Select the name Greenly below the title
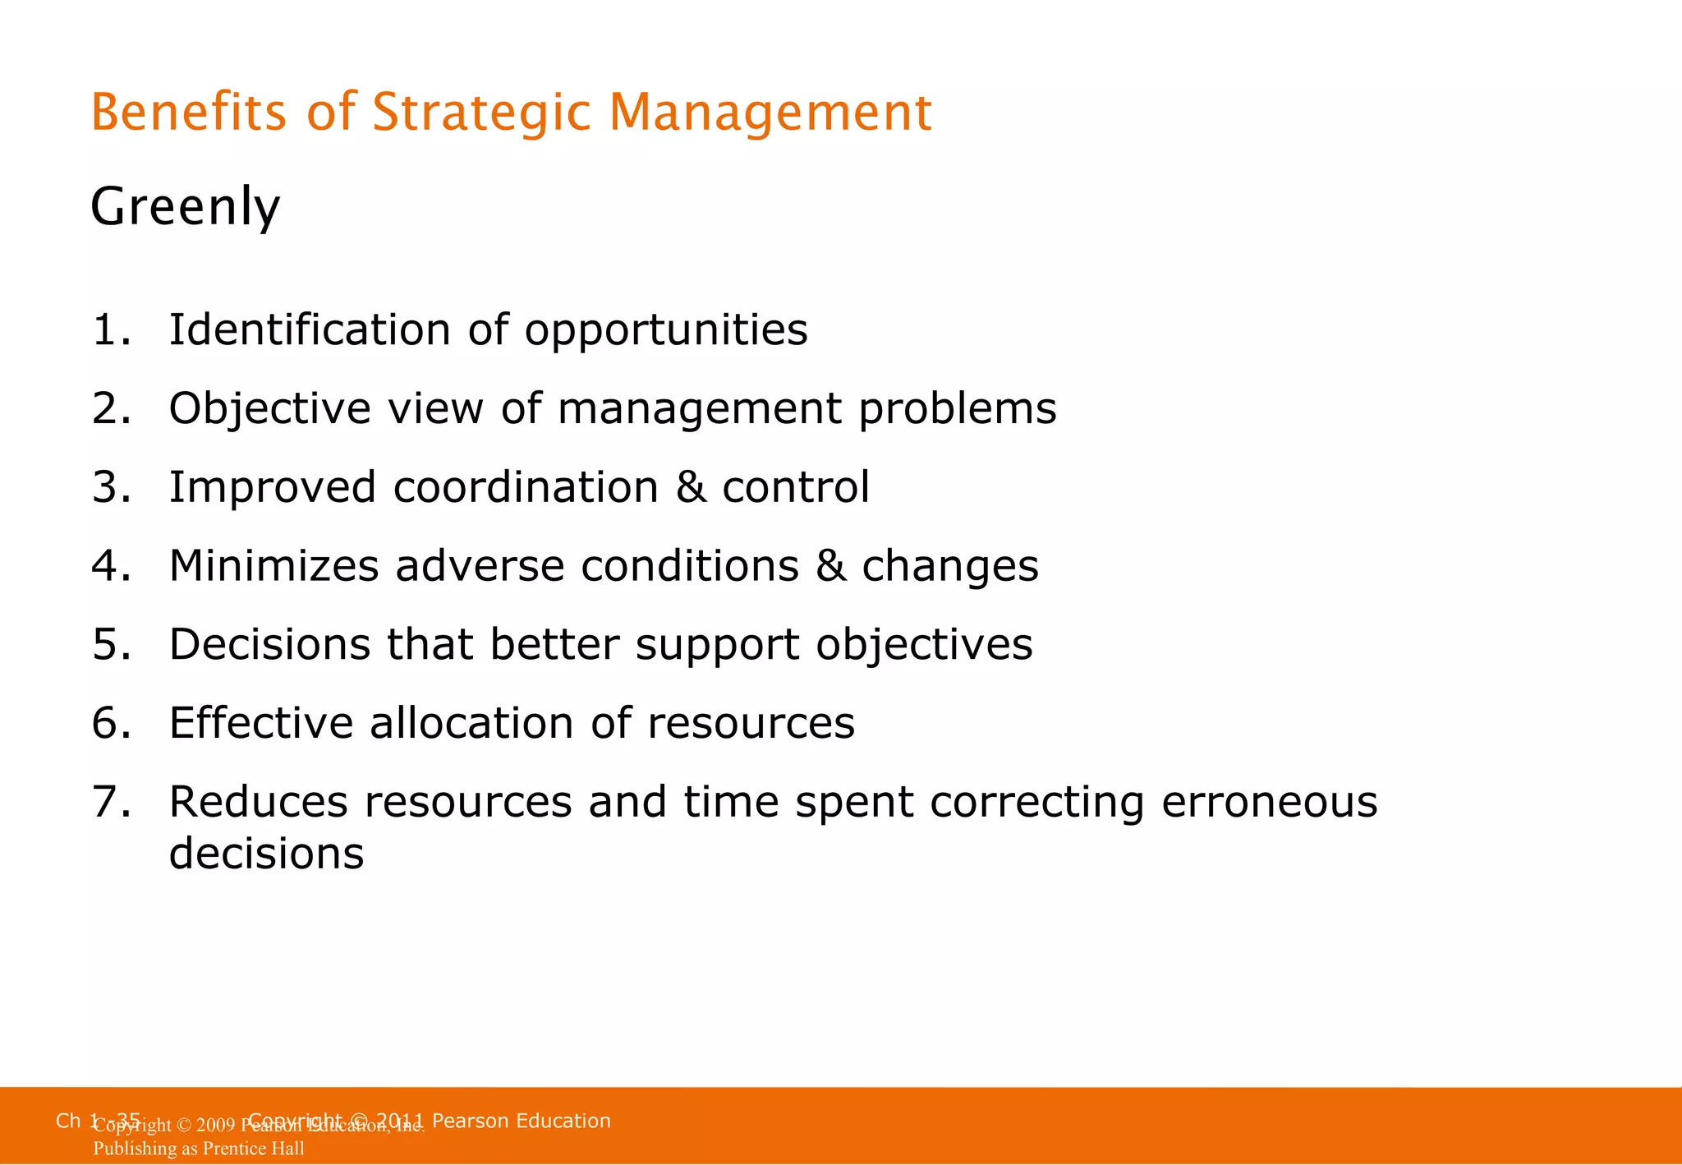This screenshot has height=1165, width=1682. pyautogui.click(x=185, y=206)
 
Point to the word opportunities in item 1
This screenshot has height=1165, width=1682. pyautogui.click(x=666, y=330)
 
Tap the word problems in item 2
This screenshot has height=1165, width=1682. pyautogui.click(x=957, y=408)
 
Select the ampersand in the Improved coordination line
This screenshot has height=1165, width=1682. pyautogui.click(x=691, y=487)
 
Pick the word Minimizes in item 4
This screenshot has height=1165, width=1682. pyautogui.click(x=273, y=566)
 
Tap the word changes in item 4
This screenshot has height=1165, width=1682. pyautogui.click(x=949, y=566)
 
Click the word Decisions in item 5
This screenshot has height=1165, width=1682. pyautogui.click(x=269, y=644)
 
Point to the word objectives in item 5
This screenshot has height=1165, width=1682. pyautogui.click(x=924, y=644)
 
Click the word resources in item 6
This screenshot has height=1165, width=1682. pyautogui.click(x=751, y=723)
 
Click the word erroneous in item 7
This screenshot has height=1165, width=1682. pyautogui.click(x=1269, y=802)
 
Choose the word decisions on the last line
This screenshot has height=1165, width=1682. pyautogui.click(x=266, y=854)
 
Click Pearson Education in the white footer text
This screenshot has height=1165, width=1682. pyautogui.click(x=521, y=1121)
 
